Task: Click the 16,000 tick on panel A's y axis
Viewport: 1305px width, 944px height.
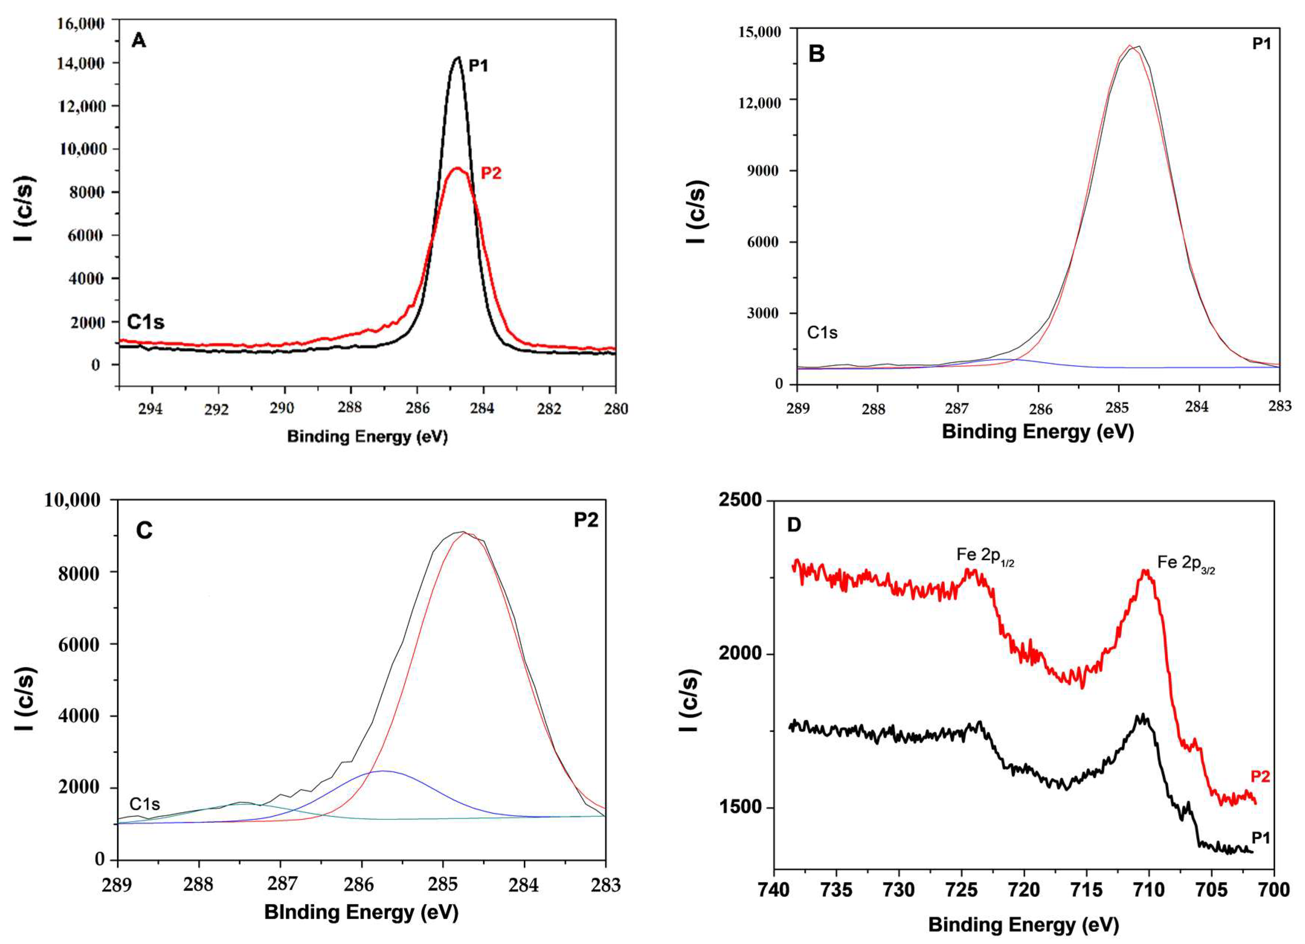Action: coord(81,23)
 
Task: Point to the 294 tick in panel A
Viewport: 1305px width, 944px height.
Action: coord(151,409)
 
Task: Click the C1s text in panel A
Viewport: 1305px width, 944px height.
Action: coord(146,322)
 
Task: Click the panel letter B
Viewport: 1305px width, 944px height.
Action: coord(816,54)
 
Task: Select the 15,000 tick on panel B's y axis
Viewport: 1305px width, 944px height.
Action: coord(760,32)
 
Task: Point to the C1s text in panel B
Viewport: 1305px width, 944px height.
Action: coord(822,332)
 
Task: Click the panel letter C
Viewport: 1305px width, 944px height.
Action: coord(144,531)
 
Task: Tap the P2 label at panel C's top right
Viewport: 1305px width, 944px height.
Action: coord(586,520)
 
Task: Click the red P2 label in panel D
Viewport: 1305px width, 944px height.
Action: coord(1260,777)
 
